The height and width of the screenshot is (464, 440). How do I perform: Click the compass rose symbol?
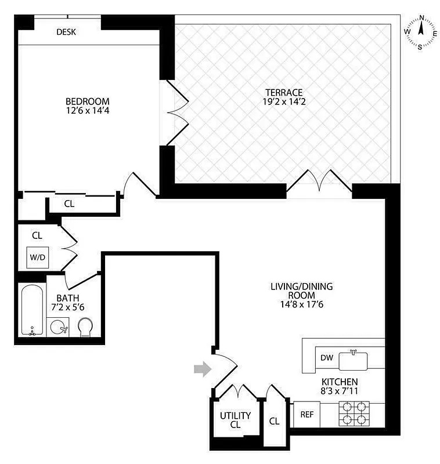(421, 33)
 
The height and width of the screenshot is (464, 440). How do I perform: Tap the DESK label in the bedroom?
(66, 32)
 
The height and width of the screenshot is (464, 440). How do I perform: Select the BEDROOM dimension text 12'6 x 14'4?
(88, 111)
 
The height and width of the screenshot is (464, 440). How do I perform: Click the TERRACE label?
(284, 92)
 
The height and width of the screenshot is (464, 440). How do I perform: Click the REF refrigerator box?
(306, 415)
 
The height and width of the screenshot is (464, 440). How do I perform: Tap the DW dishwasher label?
(327, 358)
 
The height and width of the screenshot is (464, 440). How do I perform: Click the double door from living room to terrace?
(319, 182)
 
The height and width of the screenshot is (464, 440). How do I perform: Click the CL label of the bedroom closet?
(68, 204)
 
